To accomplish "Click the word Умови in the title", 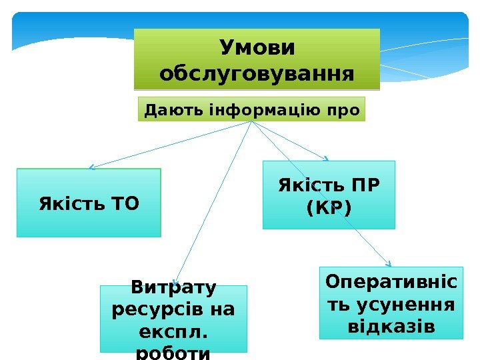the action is pos(257,48).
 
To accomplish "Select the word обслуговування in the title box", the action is pos(257,72).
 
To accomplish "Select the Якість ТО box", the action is pos(89,202).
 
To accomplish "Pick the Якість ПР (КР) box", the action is pos(329,195).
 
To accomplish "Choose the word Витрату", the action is pos(173,289).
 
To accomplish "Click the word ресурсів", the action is pos(152,310).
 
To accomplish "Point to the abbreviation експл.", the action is pos(173,331).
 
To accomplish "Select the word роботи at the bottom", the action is pos(173,351).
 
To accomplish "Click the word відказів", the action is pos(391,327).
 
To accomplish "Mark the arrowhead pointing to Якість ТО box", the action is pos(91,167).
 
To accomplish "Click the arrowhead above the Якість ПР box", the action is pos(327,159).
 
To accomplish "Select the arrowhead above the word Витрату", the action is pos(174,282).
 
